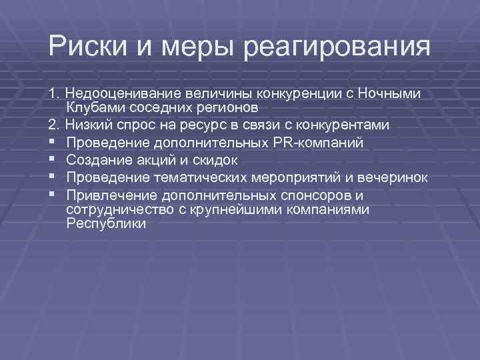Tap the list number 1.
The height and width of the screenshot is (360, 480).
52,94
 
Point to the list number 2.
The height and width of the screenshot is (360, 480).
52,125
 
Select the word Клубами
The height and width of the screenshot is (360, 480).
92,108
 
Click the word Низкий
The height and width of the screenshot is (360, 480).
88,125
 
